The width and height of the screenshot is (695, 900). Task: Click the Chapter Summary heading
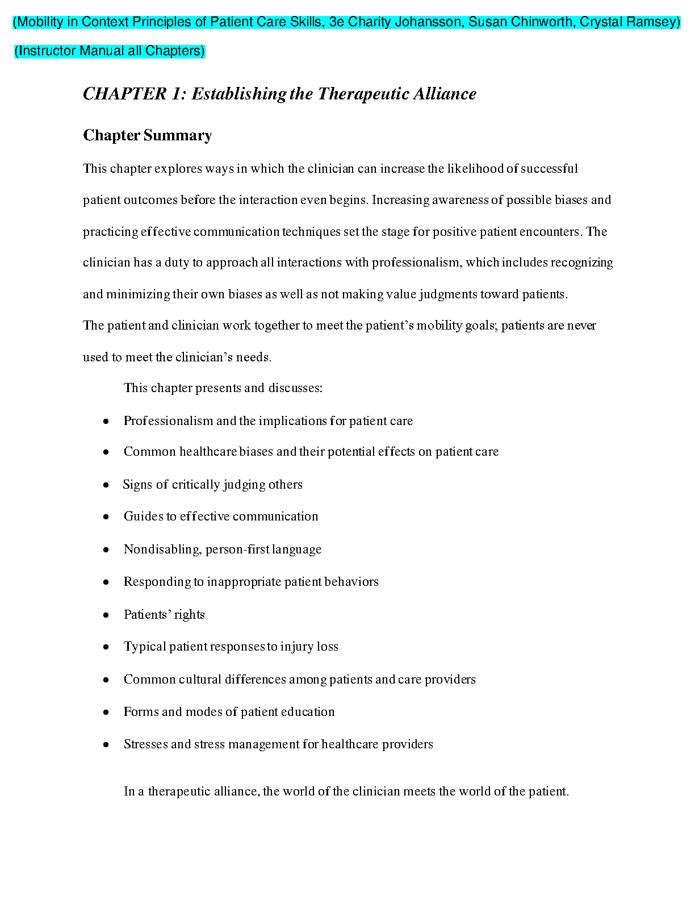pyautogui.click(x=148, y=135)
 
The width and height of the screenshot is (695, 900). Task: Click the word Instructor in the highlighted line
pyautogui.click(x=47, y=51)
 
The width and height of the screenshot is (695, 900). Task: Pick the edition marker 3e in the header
pyautogui.click(x=337, y=22)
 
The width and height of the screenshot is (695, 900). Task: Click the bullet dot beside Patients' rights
pyautogui.click(x=106, y=615)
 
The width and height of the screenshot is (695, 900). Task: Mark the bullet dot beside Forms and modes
pyautogui.click(x=106, y=712)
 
